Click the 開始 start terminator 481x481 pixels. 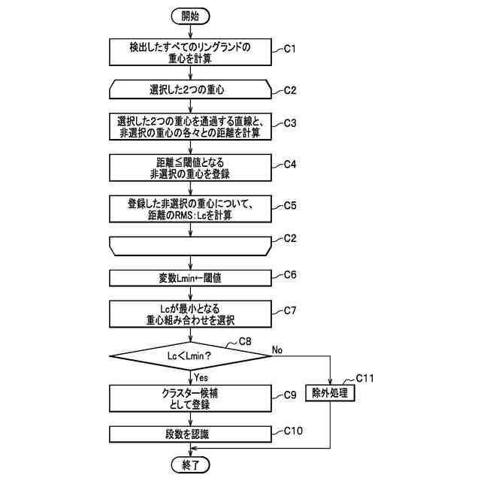click(191, 15)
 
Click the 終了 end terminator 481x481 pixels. click(191, 464)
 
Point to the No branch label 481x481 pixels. click(277, 349)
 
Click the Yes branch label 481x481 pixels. click(201, 377)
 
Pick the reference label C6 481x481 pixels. click(290, 274)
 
